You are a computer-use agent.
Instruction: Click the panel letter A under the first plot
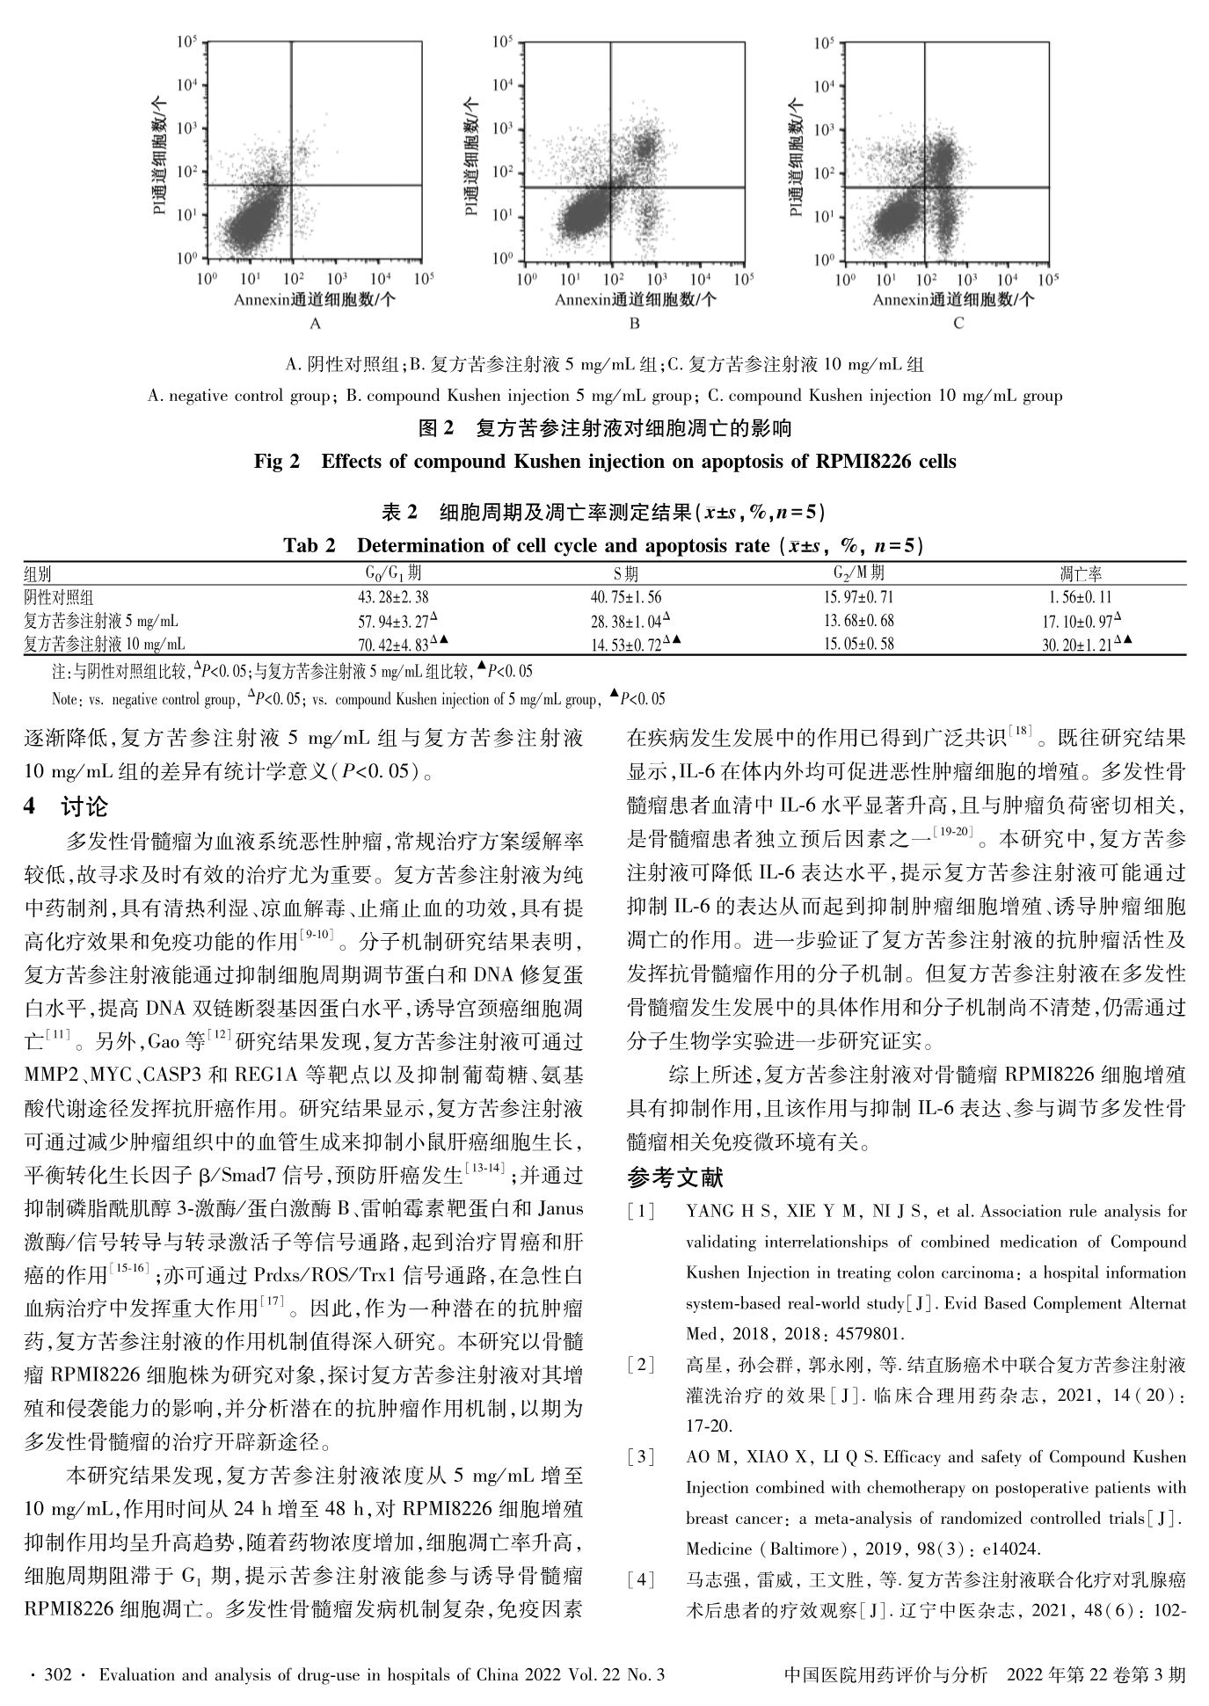(x=316, y=324)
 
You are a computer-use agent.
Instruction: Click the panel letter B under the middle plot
(x=635, y=324)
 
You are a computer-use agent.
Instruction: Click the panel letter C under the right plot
(x=958, y=324)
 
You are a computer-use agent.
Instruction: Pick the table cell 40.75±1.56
(x=626, y=597)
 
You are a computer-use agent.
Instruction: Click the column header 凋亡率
(x=1081, y=574)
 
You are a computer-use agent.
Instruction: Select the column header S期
(x=626, y=574)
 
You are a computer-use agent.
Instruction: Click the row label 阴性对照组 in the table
(x=58, y=597)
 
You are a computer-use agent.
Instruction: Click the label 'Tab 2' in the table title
(x=310, y=545)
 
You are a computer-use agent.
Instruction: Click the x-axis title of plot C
(x=953, y=300)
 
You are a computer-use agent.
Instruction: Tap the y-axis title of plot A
(x=160, y=157)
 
